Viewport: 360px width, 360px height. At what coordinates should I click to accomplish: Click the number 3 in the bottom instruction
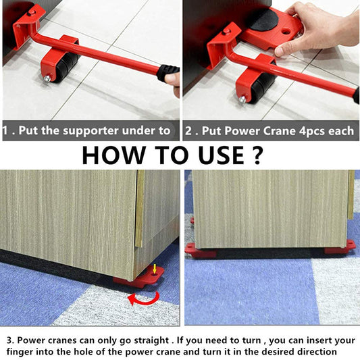(x=7, y=339)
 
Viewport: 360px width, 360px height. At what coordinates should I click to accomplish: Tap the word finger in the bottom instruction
(x=23, y=352)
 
